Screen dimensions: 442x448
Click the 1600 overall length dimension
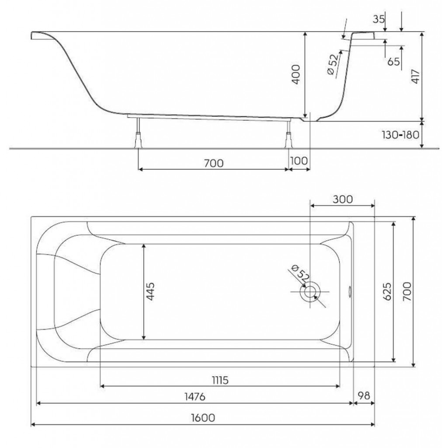pos(203,418)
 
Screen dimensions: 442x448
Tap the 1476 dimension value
pos(195,396)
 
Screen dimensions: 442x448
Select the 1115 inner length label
pos(220,380)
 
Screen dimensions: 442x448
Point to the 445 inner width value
pos(150,291)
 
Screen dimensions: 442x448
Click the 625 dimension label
pos(387,292)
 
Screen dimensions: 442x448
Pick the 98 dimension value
pos(364,395)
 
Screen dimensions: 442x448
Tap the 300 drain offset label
pos(342,199)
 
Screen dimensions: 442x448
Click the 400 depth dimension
pos(296,74)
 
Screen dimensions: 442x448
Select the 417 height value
pos(415,76)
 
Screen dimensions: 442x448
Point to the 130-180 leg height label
pos(400,135)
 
